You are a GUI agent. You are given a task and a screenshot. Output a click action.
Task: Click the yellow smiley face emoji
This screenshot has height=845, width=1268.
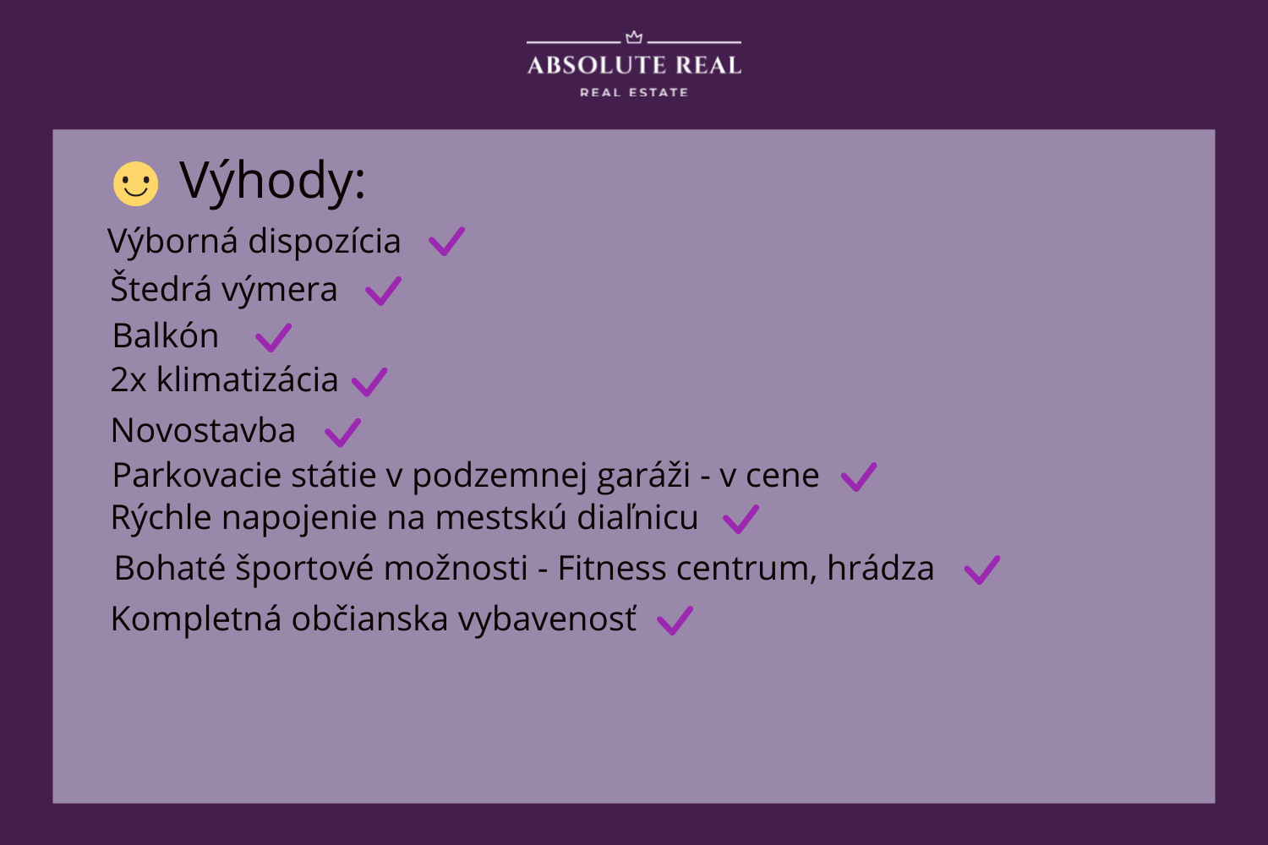click(x=136, y=184)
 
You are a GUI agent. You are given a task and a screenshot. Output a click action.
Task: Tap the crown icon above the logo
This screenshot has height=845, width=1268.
click(x=634, y=37)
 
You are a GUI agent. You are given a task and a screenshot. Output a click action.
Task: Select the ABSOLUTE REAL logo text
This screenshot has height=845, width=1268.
click(x=634, y=65)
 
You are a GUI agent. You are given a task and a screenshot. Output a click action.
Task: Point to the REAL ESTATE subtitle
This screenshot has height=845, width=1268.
click(x=634, y=92)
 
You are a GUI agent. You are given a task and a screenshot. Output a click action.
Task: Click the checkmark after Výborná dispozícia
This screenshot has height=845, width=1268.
click(x=446, y=242)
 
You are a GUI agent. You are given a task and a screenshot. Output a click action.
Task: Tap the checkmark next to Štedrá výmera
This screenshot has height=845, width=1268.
click(x=383, y=292)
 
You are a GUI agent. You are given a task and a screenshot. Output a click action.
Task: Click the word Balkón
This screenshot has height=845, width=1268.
click(x=166, y=335)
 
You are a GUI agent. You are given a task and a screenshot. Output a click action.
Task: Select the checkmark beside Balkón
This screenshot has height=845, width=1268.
click(x=273, y=338)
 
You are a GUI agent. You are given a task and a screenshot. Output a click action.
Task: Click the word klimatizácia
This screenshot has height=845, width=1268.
click(x=248, y=379)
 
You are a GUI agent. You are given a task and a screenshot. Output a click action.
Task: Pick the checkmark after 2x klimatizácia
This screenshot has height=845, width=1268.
click(x=369, y=382)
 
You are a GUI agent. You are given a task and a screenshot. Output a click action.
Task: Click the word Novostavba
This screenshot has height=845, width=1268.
click(x=203, y=430)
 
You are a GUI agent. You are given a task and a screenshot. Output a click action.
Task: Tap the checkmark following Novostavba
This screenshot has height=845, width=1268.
click(x=342, y=433)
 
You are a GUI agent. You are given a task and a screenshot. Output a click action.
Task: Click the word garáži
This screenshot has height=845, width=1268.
click(x=643, y=476)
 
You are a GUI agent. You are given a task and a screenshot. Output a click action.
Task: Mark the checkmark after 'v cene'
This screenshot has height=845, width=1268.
click(x=859, y=477)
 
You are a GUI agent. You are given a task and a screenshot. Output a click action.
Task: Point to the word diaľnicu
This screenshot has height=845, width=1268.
click(x=637, y=517)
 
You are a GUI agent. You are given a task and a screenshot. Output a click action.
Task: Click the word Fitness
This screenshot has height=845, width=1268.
click(x=612, y=568)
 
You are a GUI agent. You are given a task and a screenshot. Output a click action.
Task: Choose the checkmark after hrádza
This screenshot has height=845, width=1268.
click(x=982, y=570)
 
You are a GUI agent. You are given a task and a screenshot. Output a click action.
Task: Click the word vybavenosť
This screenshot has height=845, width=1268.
click(x=548, y=619)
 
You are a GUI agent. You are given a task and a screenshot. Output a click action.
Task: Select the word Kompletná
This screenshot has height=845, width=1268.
click(x=196, y=619)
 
